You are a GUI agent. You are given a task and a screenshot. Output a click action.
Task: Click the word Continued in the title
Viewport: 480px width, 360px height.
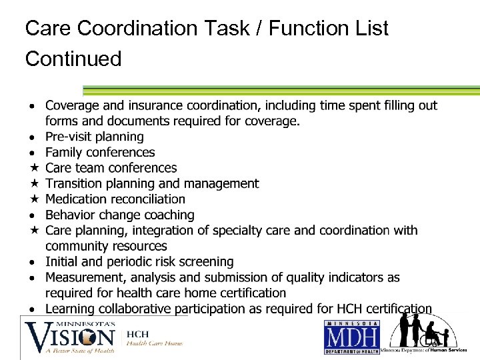click(73, 59)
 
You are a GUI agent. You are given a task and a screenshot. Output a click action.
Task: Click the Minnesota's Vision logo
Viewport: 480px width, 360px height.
click(71, 337)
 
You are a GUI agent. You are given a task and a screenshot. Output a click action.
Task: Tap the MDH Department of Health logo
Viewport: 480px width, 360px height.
click(351, 337)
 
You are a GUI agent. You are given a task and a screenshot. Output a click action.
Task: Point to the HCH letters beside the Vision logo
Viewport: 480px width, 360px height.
click(138, 333)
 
